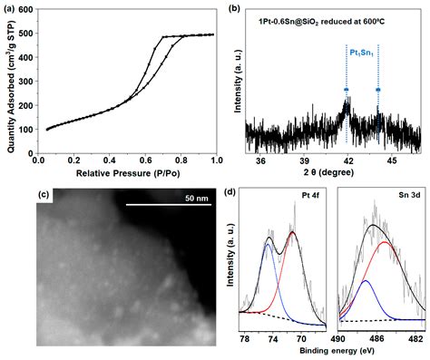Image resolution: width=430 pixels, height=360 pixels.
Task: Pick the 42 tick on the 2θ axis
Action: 346,159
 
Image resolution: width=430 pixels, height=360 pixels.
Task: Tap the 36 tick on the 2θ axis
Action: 261,159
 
